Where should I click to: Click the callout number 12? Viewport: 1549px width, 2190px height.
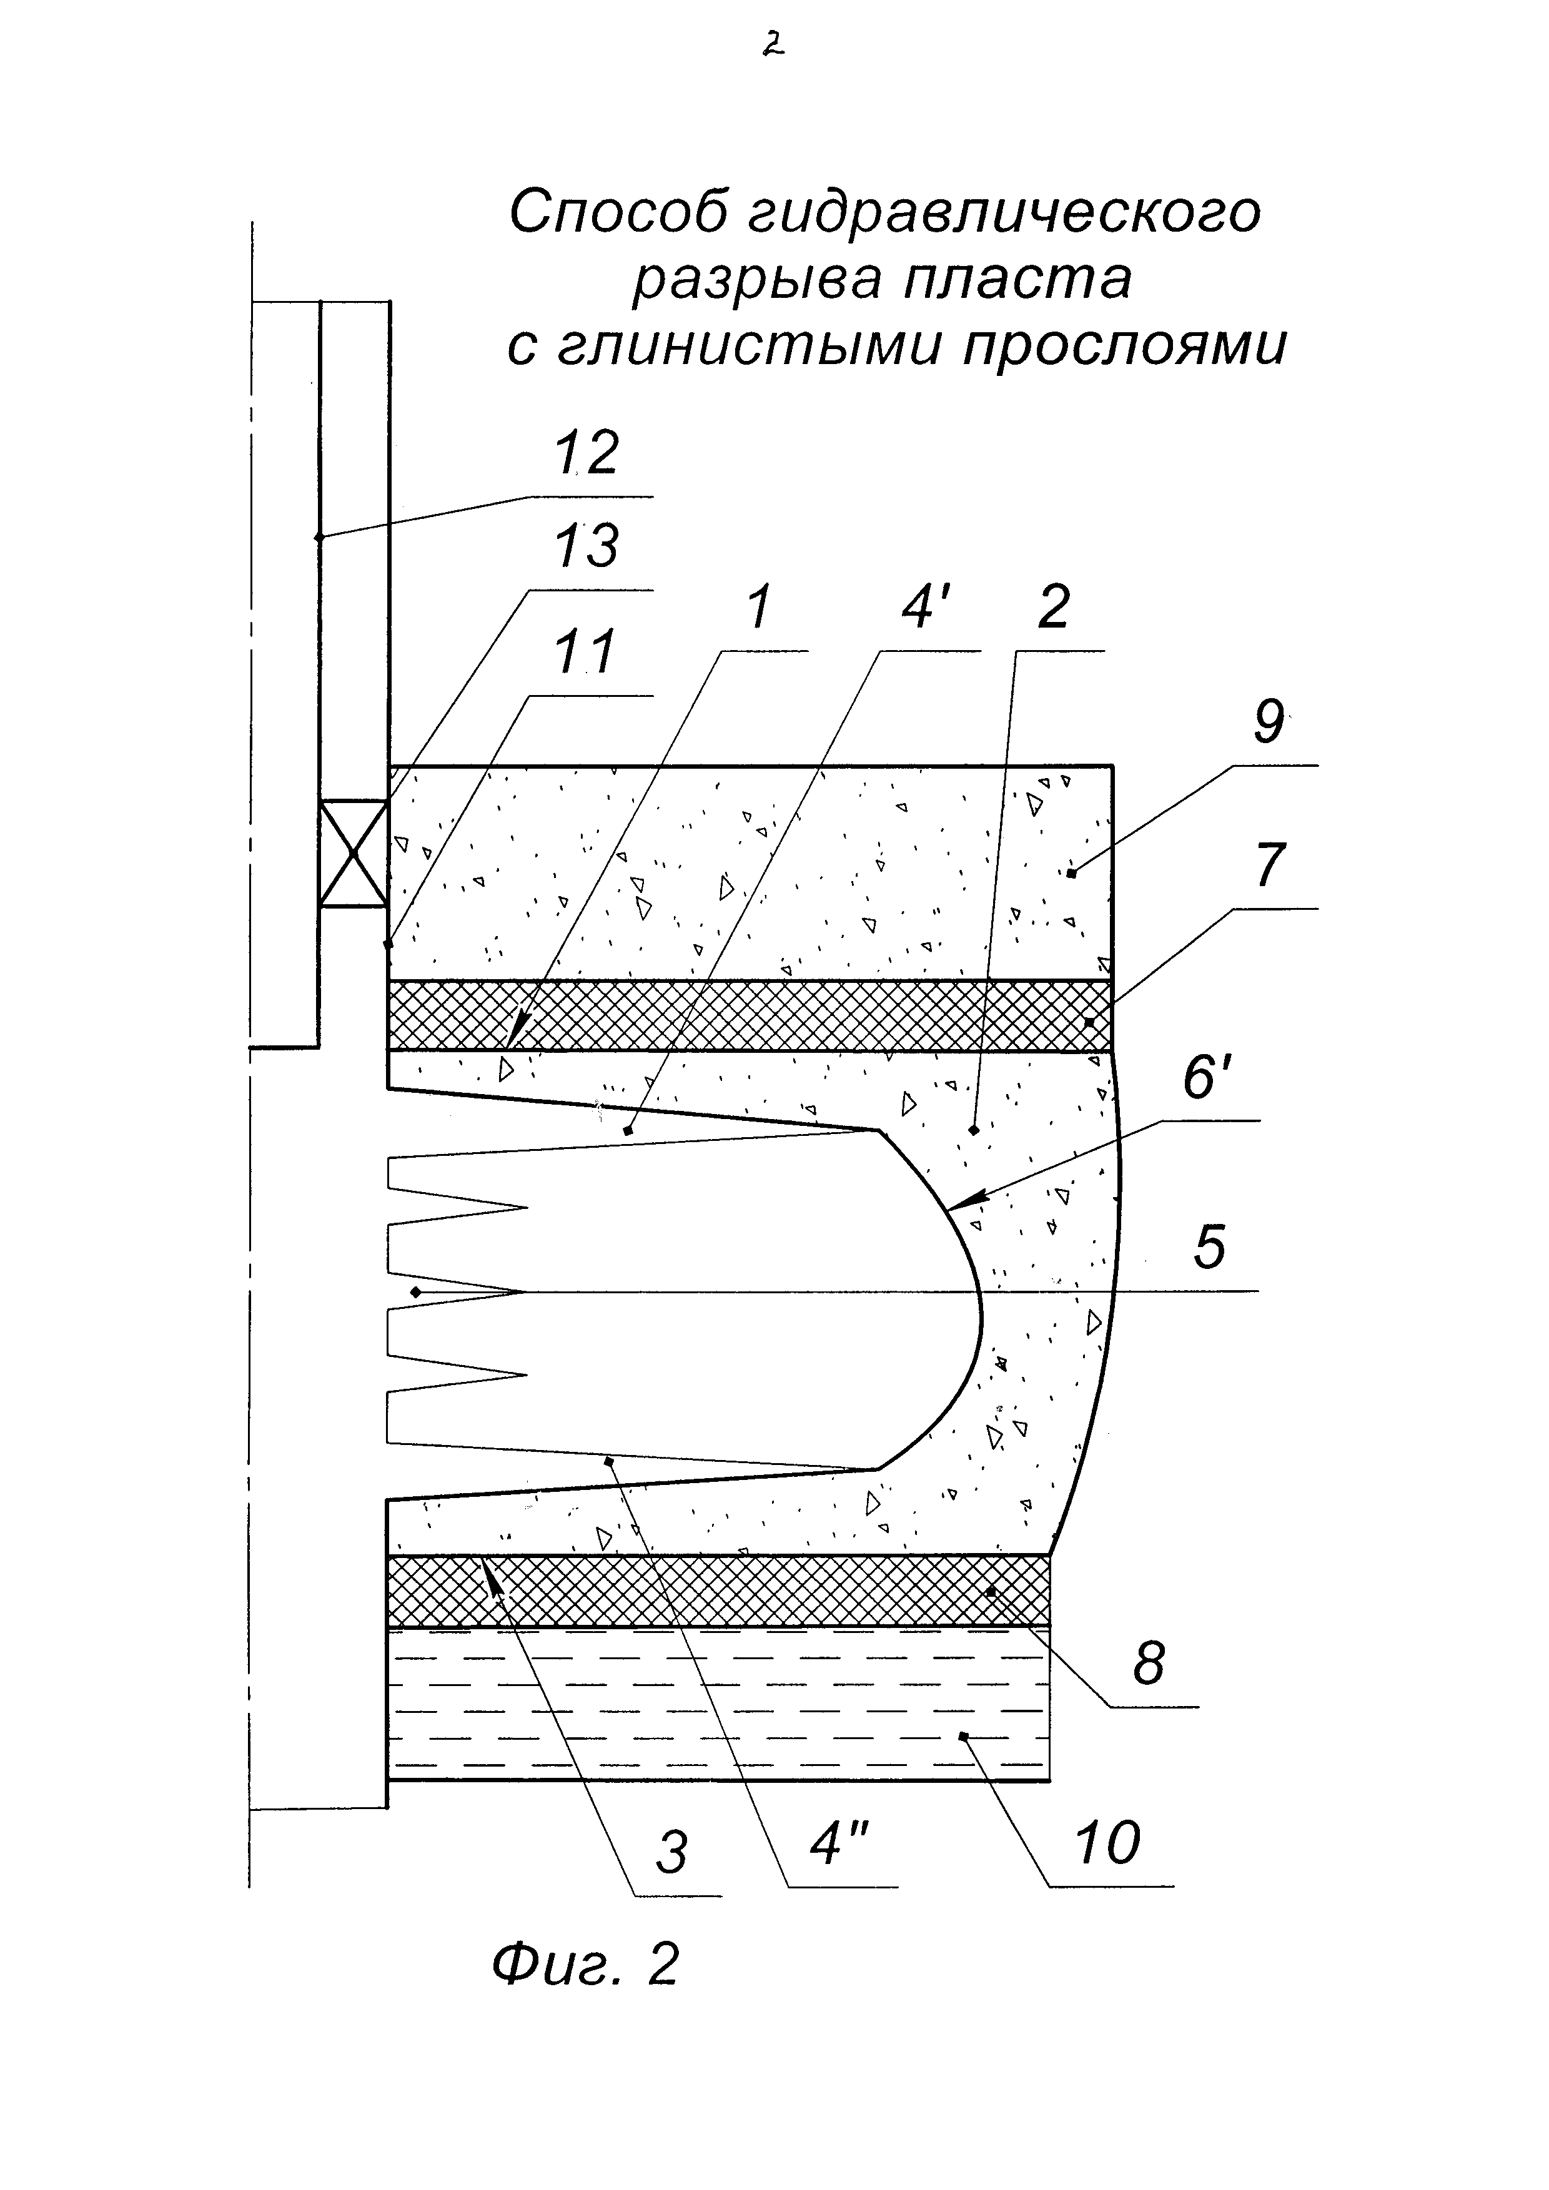[x=586, y=454]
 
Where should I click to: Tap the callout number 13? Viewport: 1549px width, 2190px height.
[x=586, y=548]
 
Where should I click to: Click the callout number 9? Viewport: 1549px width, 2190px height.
[x=1269, y=722]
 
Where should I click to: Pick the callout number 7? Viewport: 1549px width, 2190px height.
[x=1269, y=866]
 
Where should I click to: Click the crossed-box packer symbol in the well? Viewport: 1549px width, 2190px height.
[x=354, y=853]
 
